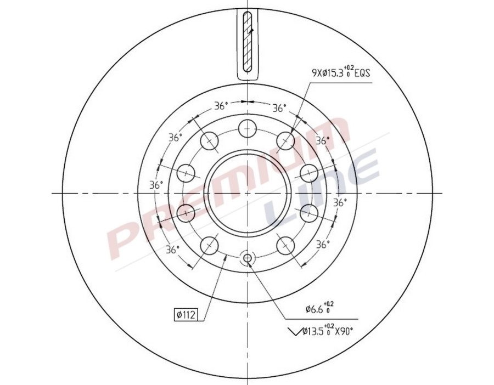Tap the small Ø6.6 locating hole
coord(248,258)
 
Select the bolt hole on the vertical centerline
coord(248,129)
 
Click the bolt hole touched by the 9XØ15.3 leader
coord(286,141)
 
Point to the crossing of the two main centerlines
coord(248,193)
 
